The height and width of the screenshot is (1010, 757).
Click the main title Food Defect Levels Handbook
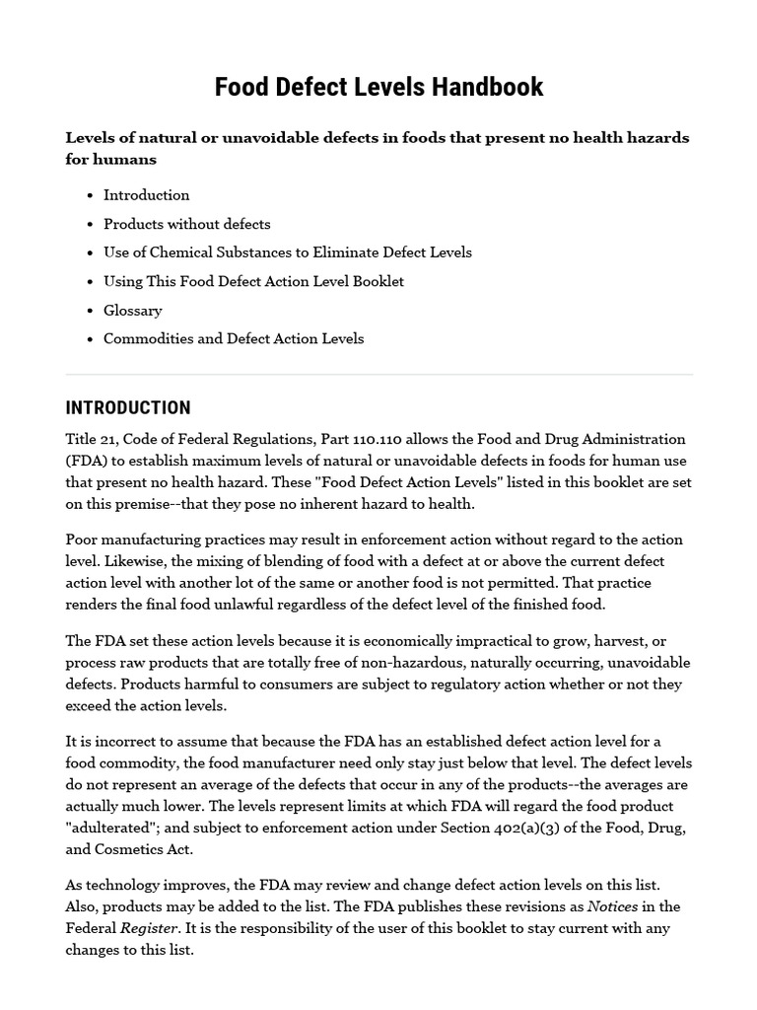[378, 87]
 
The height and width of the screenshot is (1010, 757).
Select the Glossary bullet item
[132, 310]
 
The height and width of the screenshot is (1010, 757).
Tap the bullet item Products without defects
[186, 224]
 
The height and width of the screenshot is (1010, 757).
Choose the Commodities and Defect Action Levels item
[234, 338]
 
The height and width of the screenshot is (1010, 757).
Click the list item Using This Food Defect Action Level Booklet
[253, 281]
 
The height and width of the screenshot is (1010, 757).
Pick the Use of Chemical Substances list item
[287, 252]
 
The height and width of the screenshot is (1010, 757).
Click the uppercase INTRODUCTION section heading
[128, 408]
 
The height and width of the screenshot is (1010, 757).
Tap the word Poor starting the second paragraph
[83, 540]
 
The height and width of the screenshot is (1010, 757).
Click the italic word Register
[147, 928]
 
